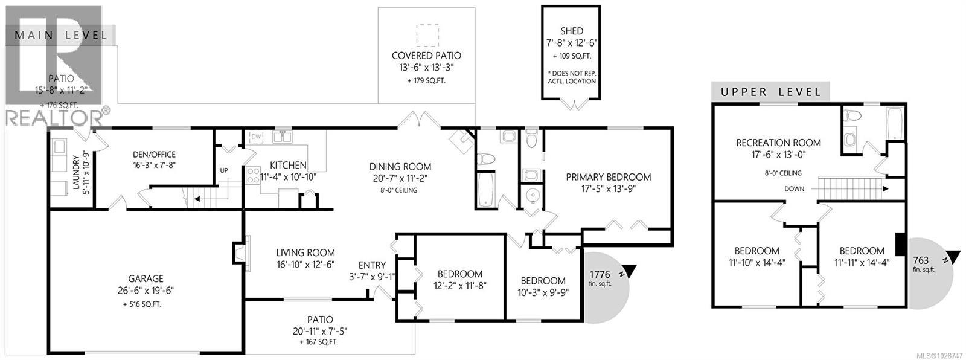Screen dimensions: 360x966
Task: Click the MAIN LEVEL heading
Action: pyautogui.click(x=60, y=35)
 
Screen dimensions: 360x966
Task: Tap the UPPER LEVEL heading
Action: pyautogui.click(x=770, y=92)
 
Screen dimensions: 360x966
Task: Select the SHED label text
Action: pyautogui.click(x=571, y=31)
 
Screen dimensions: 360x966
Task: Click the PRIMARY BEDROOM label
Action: pyautogui.click(x=608, y=177)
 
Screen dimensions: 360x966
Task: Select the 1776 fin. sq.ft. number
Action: pyautogui.click(x=600, y=274)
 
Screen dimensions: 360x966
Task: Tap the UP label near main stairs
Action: pyautogui.click(x=224, y=170)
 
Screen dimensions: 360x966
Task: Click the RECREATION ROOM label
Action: pyautogui.click(x=778, y=143)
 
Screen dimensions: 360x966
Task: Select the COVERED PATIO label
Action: pyautogui.click(x=426, y=56)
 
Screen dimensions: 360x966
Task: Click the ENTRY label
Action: pyautogui.click(x=372, y=265)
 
